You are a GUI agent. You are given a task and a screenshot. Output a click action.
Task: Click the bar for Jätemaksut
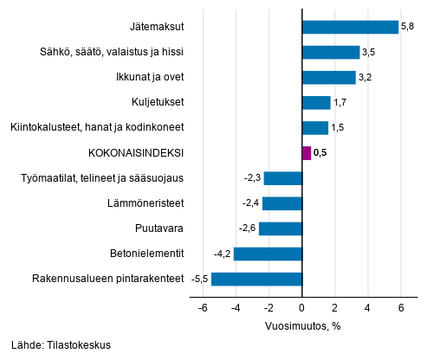pos(350,27)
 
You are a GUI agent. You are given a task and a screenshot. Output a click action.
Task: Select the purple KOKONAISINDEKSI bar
pos(306,153)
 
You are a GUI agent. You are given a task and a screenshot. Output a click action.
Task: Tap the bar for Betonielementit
pos(268,254)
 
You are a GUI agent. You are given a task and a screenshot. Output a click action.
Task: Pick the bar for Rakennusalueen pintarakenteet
pos(256,279)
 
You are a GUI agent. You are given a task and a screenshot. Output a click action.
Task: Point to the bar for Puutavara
pos(281,228)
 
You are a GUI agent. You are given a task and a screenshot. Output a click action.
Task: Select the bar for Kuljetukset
pos(316,102)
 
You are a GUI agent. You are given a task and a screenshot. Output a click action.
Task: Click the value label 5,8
pos(408,27)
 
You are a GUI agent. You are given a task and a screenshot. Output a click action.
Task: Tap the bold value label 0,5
pos(320,153)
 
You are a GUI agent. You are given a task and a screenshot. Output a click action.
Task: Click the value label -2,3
pos(253,178)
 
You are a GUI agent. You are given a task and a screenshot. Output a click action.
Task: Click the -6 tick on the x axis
pos(201,308)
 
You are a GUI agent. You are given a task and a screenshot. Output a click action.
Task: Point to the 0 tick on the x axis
pos(302,308)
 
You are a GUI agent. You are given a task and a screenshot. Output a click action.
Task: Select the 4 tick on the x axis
pos(367,308)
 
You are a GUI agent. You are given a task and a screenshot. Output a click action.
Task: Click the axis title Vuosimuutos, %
pos(302,326)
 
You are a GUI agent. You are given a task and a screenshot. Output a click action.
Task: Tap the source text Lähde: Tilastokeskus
pos(61,345)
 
